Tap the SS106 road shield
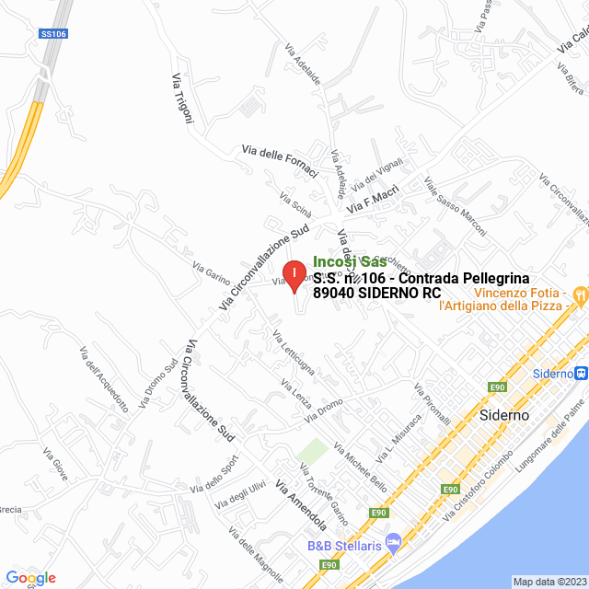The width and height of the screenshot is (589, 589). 52,34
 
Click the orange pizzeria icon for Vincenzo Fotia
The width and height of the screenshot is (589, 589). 579,295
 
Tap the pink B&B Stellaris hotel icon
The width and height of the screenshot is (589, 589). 394,539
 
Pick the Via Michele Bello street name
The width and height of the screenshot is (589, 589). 360,467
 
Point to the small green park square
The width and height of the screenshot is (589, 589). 313,452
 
